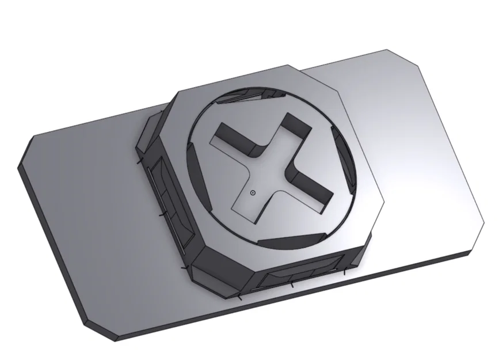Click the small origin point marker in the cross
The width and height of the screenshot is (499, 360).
point(253,193)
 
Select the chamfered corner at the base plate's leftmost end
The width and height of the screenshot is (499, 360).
point(26,153)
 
